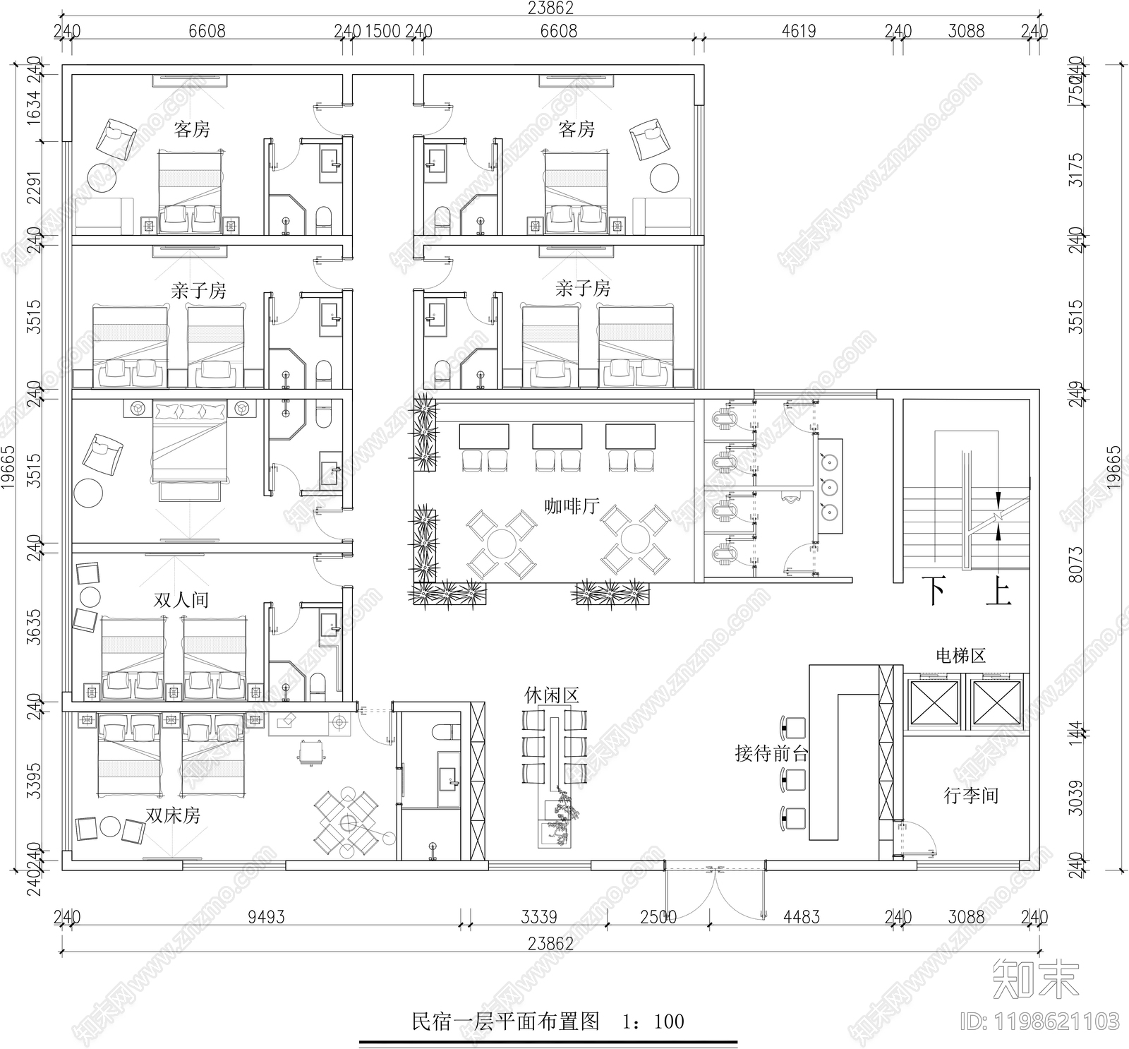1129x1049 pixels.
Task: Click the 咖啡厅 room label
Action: pyautogui.click(x=572, y=506)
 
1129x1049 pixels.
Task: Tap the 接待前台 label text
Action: pyautogui.click(x=771, y=753)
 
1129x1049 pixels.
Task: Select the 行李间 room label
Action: pyautogui.click(x=971, y=796)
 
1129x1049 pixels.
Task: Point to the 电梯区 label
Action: pyautogui.click(x=960, y=656)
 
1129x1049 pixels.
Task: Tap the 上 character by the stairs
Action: pyautogui.click(x=998, y=592)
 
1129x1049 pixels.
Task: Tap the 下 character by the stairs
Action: pyautogui.click(x=936, y=592)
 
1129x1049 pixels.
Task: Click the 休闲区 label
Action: pyautogui.click(x=551, y=695)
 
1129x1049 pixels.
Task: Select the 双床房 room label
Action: pyautogui.click(x=173, y=815)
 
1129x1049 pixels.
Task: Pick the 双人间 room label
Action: pyautogui.click(x=181, y=600)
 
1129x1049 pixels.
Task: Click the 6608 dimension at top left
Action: pyautogui.click(x=207, y=31)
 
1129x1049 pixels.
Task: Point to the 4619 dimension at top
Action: pyautogui.click(x=799, y=31)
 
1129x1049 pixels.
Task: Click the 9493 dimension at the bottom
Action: pyautogui.click(x=266, y=917)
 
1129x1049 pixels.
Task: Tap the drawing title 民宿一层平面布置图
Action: pyautogui.click(x=505, y=1021)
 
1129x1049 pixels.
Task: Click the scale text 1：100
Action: pyautogui.click(x=653, y=1021)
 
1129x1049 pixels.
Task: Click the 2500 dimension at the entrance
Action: pyautogui.click(x=658, y=917)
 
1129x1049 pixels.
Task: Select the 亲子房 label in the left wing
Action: pyautogui.click(x=198, y=291)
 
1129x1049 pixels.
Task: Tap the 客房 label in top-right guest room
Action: pyautogui.click(x=576, y=129)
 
